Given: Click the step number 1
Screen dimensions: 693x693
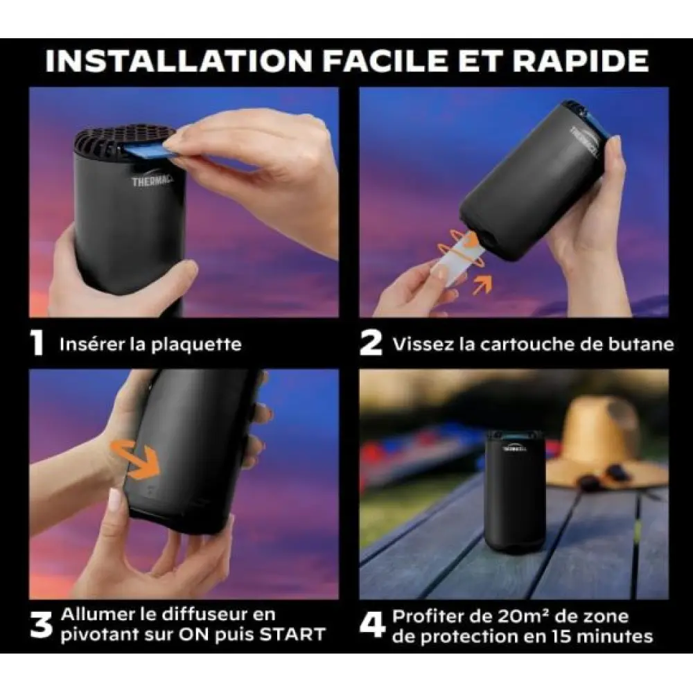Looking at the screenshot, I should pyautogui.click(x=38, y=343).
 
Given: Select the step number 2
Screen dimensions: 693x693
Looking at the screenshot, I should pyautogui.click(x=371, y=343).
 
